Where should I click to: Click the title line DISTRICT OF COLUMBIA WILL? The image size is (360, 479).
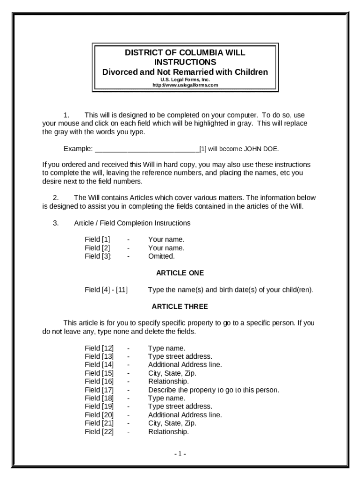(185, 53)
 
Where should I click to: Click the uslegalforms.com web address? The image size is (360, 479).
(185, 85)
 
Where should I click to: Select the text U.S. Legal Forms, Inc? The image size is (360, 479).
(185, 80)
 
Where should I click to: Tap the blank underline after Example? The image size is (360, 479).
(147, 149)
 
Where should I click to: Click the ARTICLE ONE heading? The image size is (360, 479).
(180, 273)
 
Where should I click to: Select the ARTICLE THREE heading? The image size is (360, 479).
(180, 306)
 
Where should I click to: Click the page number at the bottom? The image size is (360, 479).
(180, 454)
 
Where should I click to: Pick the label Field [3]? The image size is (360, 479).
(98, 256)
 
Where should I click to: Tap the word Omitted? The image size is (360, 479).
(161, 256)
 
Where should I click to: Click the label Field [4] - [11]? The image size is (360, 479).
(106, 290)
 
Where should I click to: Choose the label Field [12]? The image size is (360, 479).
(99, 348)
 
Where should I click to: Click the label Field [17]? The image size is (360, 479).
(99, 390)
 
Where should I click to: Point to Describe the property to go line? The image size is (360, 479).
(214, 390)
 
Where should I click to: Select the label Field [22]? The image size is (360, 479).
(99, 432)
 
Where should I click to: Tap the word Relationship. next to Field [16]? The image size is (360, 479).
(168, 381)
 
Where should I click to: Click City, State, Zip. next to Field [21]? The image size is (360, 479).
(172, 423)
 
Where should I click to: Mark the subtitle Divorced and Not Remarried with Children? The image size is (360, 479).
(185, 72)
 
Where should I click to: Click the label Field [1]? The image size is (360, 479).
(97, 239)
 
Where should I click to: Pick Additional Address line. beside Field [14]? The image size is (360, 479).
(185, 364)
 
